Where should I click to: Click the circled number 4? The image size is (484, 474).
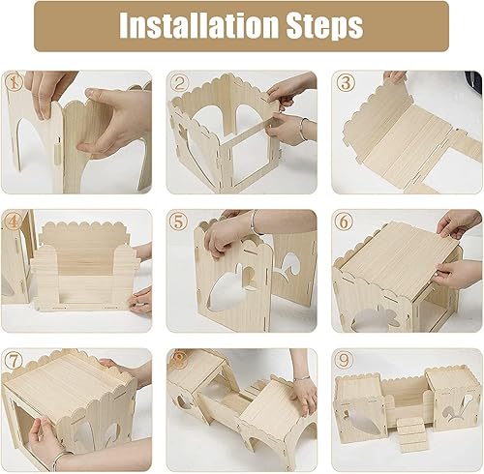click(x=14, y=222)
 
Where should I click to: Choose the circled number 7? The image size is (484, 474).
click(x=14, y=360)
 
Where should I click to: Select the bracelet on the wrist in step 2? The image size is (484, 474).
click(x=303, y=129)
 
